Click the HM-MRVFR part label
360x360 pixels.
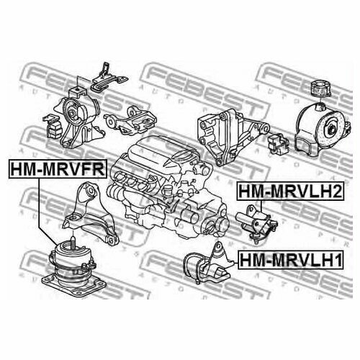click(x=57, y=169)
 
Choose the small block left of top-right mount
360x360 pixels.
click(x=277, y=142)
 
